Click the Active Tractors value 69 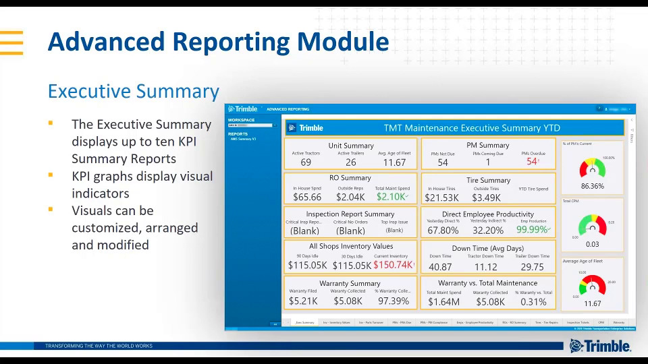[306, 162]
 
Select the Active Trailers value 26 [351, 162]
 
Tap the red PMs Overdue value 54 [532, 162]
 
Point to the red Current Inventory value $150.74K [393, 265]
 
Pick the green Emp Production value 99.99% [532, 230]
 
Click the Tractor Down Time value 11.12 [486, 267]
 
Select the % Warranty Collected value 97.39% [394, 301]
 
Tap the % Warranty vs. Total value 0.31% [534, 301]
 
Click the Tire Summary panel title [488, 180]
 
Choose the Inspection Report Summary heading [350, 214]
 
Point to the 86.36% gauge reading [592, 186]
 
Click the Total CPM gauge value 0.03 [592, 244]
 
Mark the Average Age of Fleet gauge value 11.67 [592, 304]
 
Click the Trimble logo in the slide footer [601, 346]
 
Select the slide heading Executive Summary [134, 91]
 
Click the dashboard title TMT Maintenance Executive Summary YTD [472, 127]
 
